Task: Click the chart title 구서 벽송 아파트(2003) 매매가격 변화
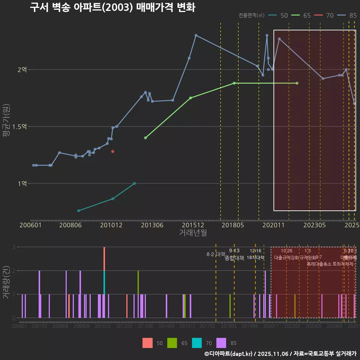click(x=112, y=7)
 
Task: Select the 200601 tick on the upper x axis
click(x=30, y=225)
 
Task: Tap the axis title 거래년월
click(x=193, y=233)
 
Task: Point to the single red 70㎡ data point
click(x=112, y=151)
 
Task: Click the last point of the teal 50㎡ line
click(x=134, y=183)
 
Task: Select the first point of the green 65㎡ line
click(x=145, y=138)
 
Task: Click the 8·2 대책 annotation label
click(x=216, y=254)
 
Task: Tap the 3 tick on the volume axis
click(x=13, y=247)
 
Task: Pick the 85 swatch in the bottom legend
click(x=222, y=343)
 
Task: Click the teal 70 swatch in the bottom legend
click(x=197, y=343)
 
